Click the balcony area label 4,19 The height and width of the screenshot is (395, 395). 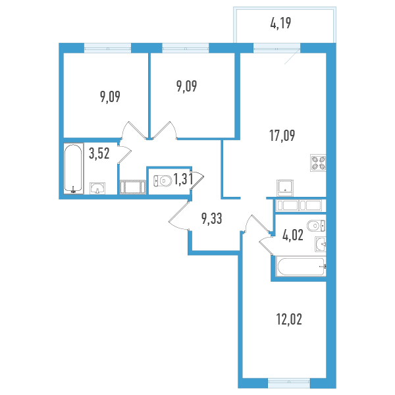[x=280, y=24]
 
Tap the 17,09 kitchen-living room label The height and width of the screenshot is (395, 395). [x=282, y=136]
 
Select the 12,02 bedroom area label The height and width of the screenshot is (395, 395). [x=289, y=319]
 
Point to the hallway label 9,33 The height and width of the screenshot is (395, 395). [x=211, y=219]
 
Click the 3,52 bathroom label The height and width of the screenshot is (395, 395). [x=99, y=153]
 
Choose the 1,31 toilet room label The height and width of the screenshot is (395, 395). [x=184, y=179]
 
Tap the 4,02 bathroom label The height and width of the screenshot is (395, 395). [x=293, y=235]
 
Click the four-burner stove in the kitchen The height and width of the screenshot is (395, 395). [x=318, y=163]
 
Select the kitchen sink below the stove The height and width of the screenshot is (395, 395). [x=285, y=188]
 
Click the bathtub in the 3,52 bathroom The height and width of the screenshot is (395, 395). [x=73, y=169]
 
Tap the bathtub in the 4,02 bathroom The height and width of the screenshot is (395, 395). [x=301, y=266]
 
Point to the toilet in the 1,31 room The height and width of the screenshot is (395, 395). [x=163, y=180]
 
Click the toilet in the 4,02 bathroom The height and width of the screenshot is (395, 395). [x=316, y=226]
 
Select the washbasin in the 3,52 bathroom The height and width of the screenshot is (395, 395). [x=97, y=188]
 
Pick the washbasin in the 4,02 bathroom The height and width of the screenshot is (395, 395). [x=321, y=244]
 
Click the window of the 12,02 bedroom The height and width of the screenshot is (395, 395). [x=289, y=383]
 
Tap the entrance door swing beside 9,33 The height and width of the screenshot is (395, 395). [x=179, y=216]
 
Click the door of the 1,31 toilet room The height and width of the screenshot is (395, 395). [x=197, y=179]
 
